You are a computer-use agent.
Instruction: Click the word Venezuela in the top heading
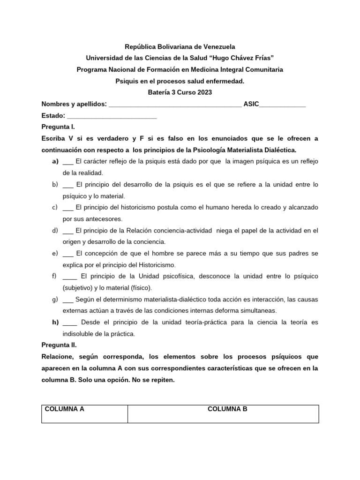[217, 46]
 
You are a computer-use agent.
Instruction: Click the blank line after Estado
[112, 116]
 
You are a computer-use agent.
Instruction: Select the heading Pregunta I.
[58, 127]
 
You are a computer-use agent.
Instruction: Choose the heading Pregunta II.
[59, 345]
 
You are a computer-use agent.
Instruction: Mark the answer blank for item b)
[67, 185]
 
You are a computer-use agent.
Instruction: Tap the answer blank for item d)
[67, 231]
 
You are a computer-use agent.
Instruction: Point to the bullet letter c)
[55, 207]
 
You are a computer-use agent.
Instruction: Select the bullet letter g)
[55, 299]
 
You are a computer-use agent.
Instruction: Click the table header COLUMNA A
[64, 409]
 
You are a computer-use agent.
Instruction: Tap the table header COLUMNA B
[227, 409]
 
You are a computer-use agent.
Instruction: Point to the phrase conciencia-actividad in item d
[179, 231]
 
